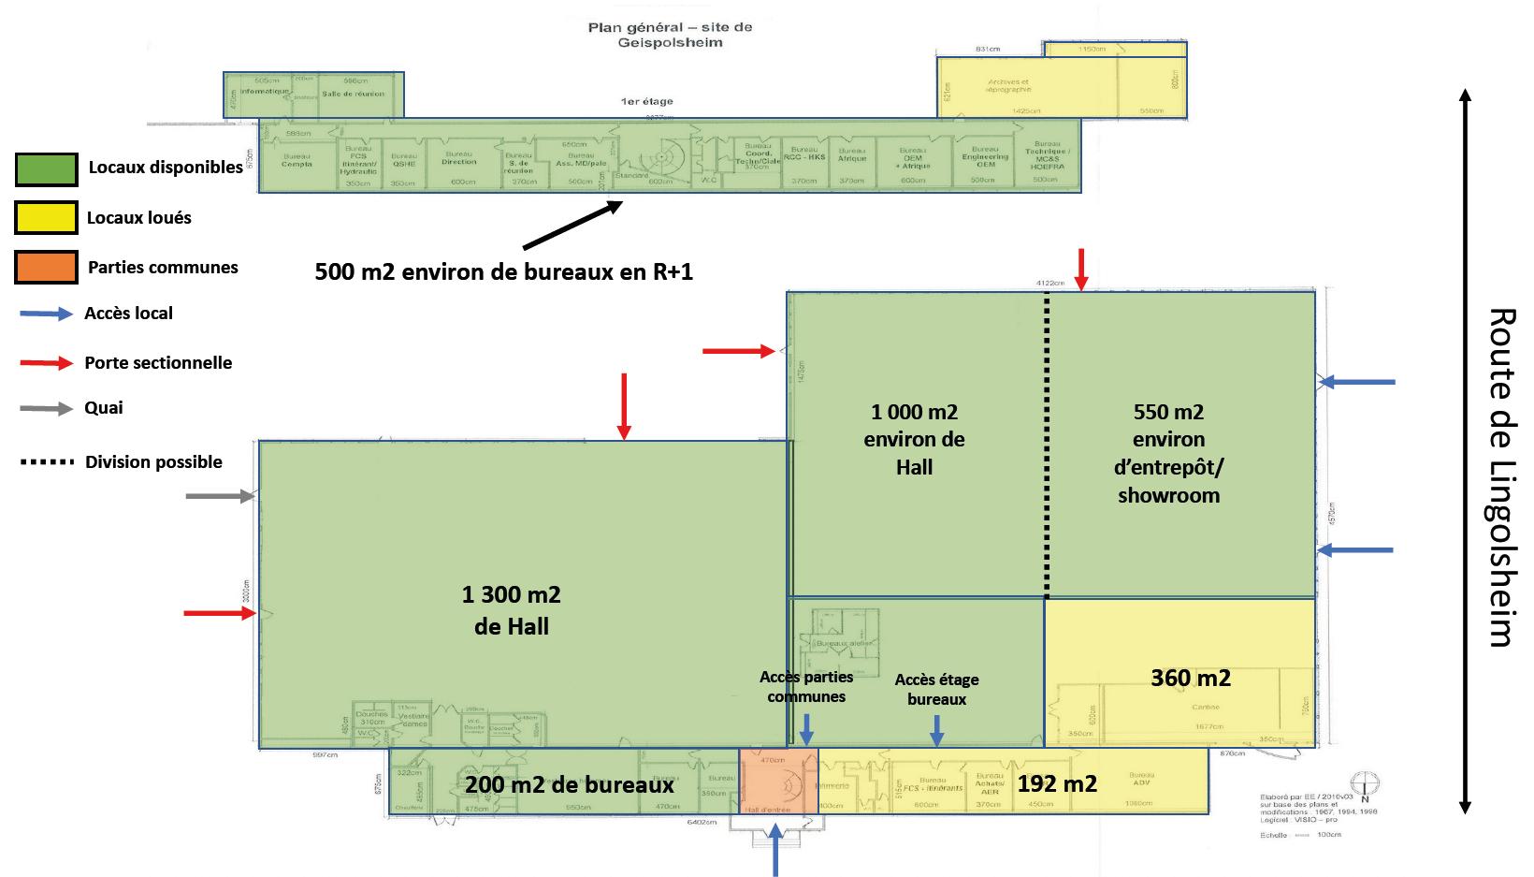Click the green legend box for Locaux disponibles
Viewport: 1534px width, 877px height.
47,168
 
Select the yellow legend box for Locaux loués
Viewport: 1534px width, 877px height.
47,218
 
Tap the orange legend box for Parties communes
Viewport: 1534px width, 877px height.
47,268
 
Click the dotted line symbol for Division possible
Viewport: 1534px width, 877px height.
47,462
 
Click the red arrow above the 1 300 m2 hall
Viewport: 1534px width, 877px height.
624,405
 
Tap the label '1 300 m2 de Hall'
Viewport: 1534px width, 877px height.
512,610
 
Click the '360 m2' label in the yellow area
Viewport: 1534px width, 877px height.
1190,678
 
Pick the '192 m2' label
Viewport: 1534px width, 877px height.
1057,783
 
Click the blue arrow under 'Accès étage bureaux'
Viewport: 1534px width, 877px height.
936,730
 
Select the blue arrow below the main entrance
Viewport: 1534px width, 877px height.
775,850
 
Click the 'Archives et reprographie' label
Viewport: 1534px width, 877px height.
1008,85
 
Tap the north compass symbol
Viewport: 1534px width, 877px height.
1365,784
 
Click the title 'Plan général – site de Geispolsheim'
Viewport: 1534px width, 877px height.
670,35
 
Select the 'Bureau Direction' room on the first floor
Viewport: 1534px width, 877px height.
459,161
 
